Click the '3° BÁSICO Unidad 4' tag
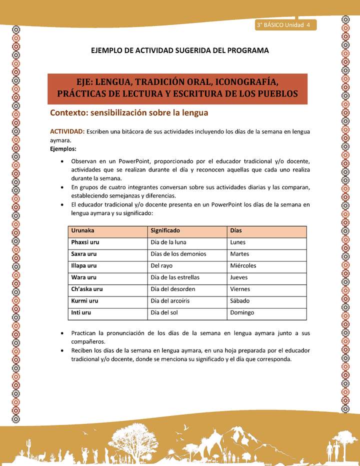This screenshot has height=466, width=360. (283, 25)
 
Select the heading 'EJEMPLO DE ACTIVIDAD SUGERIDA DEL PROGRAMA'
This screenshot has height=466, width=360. (180, 50)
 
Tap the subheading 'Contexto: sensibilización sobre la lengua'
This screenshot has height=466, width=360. (129, 112)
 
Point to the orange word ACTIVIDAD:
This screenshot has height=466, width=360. (67, 131)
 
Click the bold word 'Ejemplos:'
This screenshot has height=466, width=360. (63, 149)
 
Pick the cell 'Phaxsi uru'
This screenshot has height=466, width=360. (85, 242)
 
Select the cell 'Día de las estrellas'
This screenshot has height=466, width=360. (175, 277)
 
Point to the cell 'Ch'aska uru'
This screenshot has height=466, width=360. (87, 289)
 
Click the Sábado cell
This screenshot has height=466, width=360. (239, 301)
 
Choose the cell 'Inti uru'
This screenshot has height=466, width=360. (81, 312)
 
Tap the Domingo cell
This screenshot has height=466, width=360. (242, 312)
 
